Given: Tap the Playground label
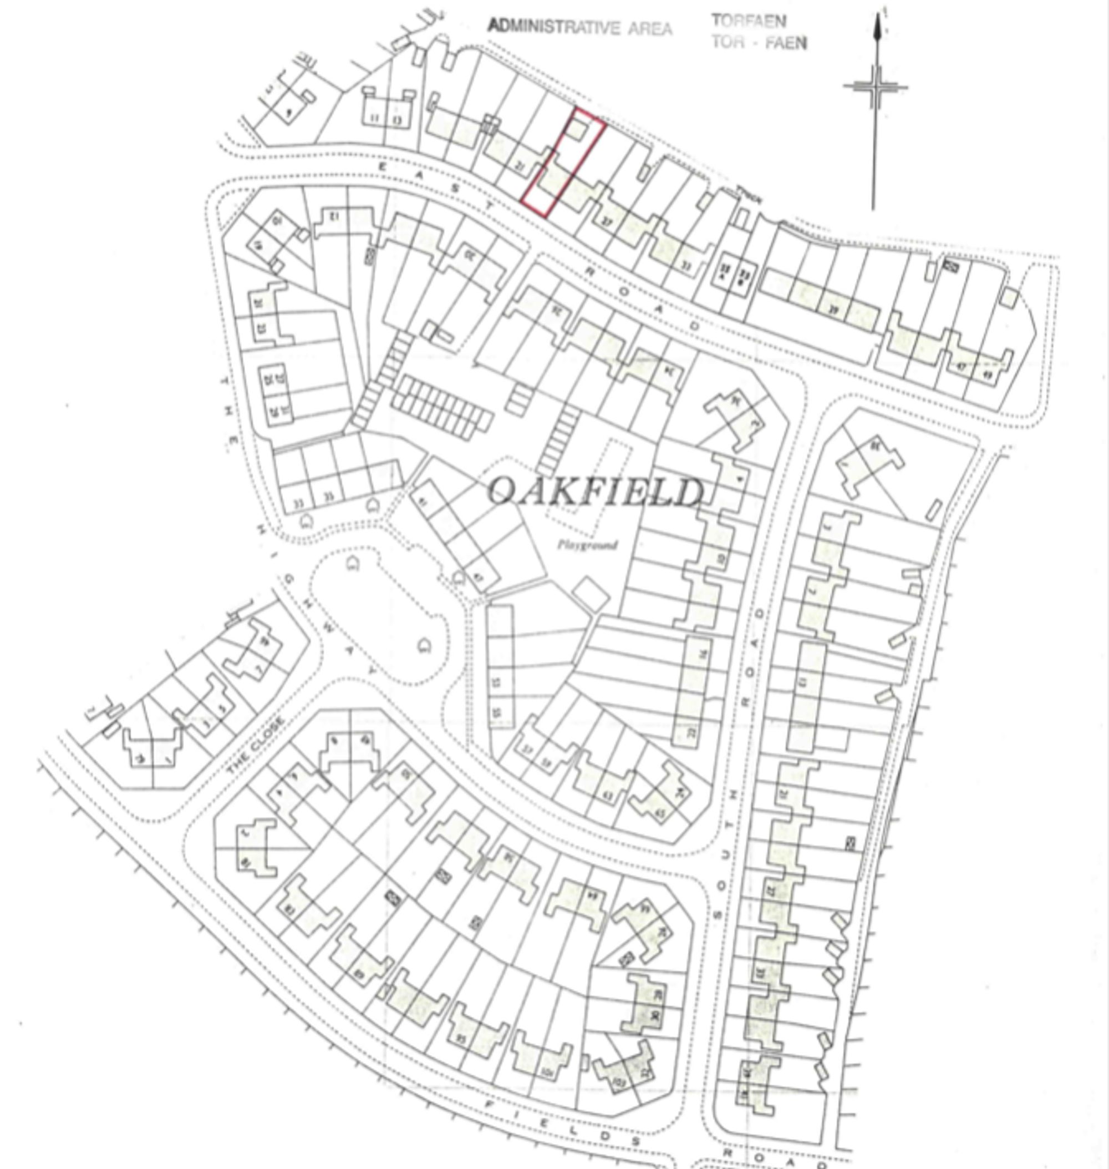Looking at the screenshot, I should (x=588, y=545).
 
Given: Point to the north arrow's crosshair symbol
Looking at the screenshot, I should (x=876, y=87).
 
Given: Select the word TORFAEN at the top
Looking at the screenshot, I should (x=749, y=22).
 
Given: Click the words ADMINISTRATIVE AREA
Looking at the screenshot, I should (x=580, y=27).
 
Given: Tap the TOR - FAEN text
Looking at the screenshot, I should (x=759, y=43).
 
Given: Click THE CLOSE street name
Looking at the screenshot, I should (x=256, y=746).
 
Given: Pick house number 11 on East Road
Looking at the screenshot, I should (x=374, y=119).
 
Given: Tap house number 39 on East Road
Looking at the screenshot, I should (x=833, y=309).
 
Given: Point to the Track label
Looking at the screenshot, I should (x=749, y=195).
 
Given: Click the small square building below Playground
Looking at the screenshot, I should (x=591, y=592).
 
